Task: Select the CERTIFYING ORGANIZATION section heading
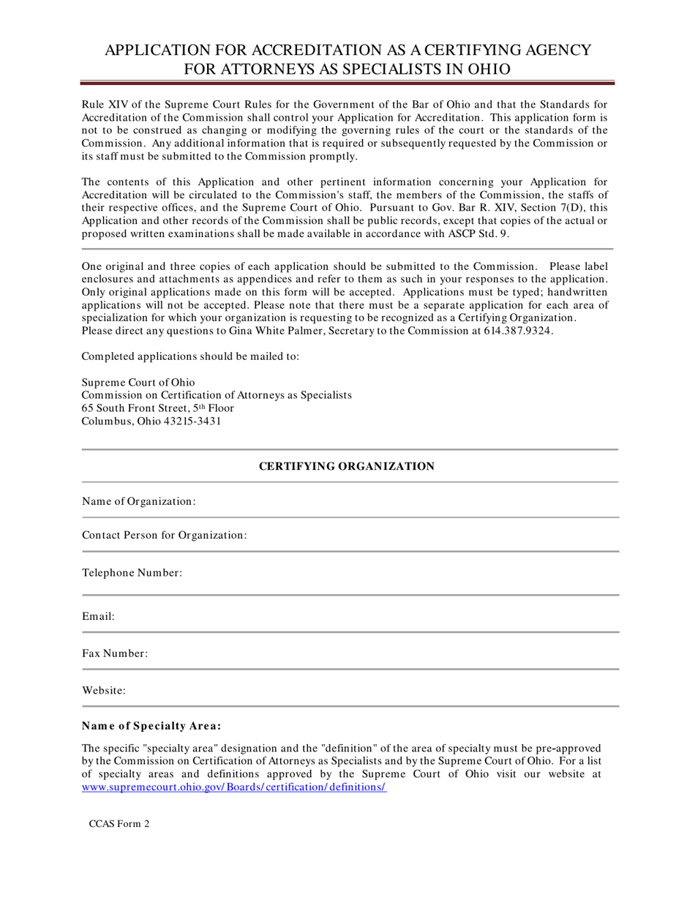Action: [347, 466]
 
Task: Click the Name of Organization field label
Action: [138, 501]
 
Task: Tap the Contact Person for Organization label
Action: [164, 536]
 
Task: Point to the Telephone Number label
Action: [132, 573]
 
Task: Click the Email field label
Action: [98, 617]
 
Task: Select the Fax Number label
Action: [115, 653]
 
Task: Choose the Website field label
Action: [104, 690]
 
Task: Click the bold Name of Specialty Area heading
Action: [151, 727]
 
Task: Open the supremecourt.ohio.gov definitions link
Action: [233, 787]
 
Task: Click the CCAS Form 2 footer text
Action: [119, 823]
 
